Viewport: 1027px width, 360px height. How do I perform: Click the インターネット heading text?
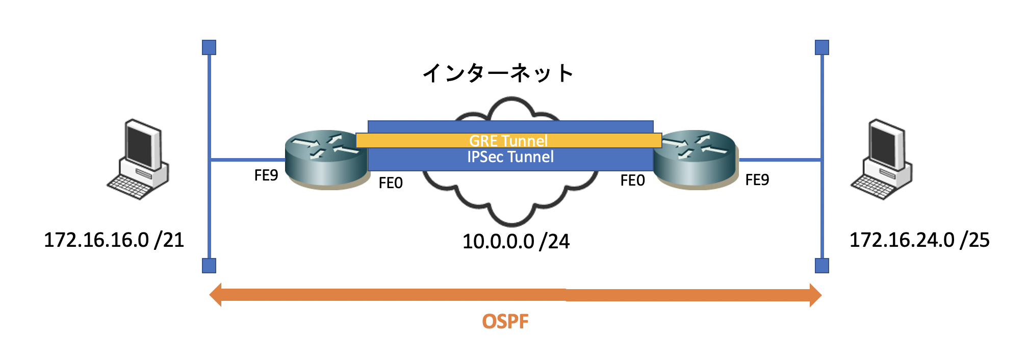tap(498, 73)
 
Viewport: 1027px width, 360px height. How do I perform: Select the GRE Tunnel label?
tap(508, 141)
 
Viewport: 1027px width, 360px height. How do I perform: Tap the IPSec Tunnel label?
tap(510, 157)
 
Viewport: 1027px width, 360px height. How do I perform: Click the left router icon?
tap(327, 160)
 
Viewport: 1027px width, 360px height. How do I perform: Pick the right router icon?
tap(696, 160)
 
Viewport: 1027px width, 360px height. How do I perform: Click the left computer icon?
tap(138, 160)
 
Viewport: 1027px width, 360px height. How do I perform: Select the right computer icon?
tap(882, 160)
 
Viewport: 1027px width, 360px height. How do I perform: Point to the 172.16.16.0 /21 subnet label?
tap(114, 240)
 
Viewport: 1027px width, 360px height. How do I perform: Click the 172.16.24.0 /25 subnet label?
tap(919, 240)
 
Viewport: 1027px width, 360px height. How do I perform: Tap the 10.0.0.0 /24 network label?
tap(516, 241)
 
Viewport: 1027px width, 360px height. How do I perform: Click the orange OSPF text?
tap(505, 321)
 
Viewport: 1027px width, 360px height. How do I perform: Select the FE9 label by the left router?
tap(266, 175)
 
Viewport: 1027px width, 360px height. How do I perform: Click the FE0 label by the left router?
tap(391, 183)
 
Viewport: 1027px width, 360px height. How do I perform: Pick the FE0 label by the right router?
tap(633, 180)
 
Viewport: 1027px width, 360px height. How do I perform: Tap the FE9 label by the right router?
tap(757, 179)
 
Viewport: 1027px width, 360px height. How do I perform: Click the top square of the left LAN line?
tap(209, 47)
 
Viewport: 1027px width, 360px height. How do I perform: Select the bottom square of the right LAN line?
tap(822, 266)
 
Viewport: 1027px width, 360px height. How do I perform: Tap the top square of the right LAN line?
tap(822, 47)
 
